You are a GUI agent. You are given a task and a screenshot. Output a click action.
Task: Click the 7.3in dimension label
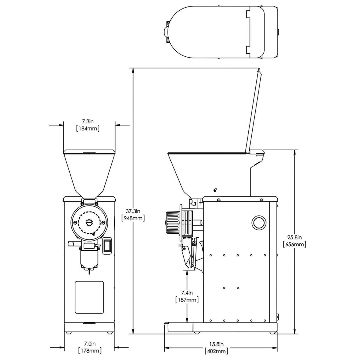[x=88, y=121]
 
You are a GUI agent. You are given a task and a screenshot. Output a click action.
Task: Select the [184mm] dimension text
[x=88, y=128]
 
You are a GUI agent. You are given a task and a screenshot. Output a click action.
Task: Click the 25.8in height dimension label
[x=295, y=237]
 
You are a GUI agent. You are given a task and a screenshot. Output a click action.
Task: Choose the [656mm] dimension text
[x=295, y=244]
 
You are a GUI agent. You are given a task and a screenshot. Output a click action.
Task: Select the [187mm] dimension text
[x=187, y=300]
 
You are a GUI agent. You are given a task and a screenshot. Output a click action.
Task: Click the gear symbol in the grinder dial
[x=89, y=223]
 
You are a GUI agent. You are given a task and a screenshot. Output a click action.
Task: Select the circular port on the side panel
[x=258, y=222]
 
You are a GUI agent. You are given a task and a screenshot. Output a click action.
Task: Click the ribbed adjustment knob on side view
[x=172, y=222]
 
